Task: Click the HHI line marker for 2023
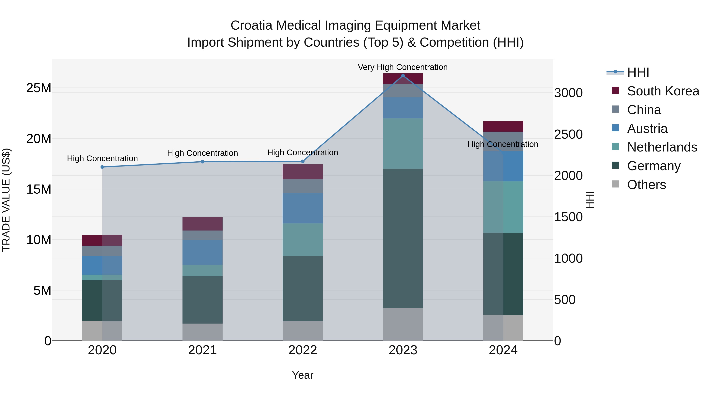(x=403, y=76)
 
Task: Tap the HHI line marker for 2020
(x=102, y=167)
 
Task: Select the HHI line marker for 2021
(x=202, y=162)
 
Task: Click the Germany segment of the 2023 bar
(x=403, y=238)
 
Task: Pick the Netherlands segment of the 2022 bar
(x=303, y=240)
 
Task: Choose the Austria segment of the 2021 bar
(x=202, y=252)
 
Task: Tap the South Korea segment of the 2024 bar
(x=503, y=126)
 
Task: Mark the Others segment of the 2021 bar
(x=202, y=332)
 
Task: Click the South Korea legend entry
(x=663, y=91)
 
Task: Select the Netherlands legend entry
(x=662, y=147)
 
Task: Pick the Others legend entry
(x=646, y=185)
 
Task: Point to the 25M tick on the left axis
(x=39, y=88)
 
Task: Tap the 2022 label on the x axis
(x=303, y=350)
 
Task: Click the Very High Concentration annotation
(x=403, y=67)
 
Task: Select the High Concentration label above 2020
(x=102, y=158)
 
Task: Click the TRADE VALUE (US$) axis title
(x=6, y=200)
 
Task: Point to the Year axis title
(x=303, y=375)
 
